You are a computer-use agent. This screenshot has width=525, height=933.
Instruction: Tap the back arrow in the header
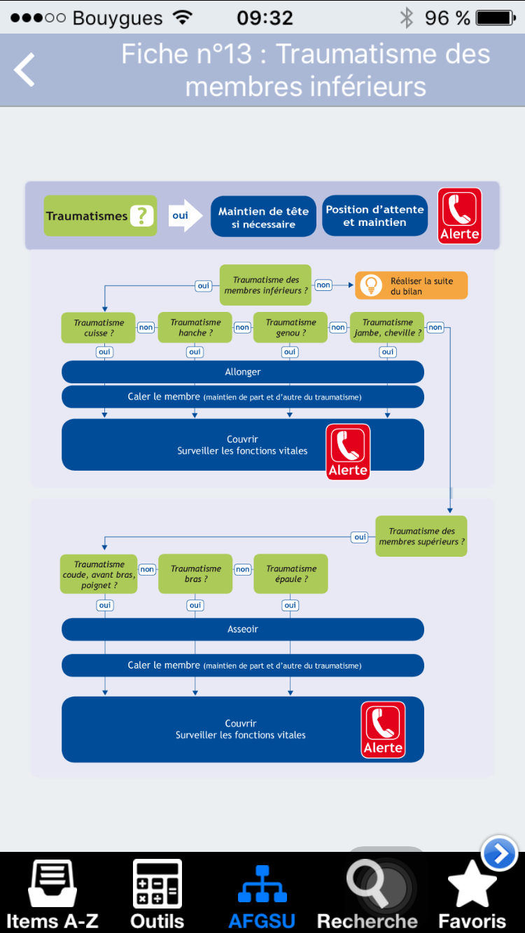click(x=24, y=69)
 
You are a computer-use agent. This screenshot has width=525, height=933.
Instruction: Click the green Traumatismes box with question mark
click(x=101, y=215)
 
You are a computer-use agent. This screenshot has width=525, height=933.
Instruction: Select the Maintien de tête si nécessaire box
click(x=263, y=216)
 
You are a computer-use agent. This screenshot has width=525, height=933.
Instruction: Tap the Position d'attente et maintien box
click(x=375, y=215)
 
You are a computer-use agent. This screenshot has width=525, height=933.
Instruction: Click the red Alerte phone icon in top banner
click(x=459, y=215)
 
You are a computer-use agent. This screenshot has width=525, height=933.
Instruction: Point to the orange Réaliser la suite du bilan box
click(x=411, y=285)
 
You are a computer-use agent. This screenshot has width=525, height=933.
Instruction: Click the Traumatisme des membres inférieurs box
click(x=265, y=285)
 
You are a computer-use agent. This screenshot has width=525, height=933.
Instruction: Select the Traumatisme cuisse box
click(x=99, y=327)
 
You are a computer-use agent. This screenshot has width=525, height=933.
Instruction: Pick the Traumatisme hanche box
click(x=195, y=327)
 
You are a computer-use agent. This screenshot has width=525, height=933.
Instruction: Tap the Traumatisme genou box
click(x=290, y=327)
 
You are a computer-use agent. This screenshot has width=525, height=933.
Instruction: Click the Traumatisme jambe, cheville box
click(x=387, y=327)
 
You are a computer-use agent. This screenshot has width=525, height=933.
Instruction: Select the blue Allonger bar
click(x=243, y=372)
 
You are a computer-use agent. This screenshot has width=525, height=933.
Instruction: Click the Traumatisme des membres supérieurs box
click(x=421, y=536)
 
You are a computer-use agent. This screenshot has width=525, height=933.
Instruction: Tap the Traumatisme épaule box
click(x=291, y=574)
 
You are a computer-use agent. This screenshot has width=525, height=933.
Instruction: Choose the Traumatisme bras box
click(x=195, y=574)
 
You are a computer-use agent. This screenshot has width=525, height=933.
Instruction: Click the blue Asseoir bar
click(x=243, y=629)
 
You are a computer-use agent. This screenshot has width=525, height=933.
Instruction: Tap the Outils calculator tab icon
click(x=157, y=883)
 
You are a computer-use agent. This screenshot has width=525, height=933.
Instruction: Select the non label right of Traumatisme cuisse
click(x=146, y=327)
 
